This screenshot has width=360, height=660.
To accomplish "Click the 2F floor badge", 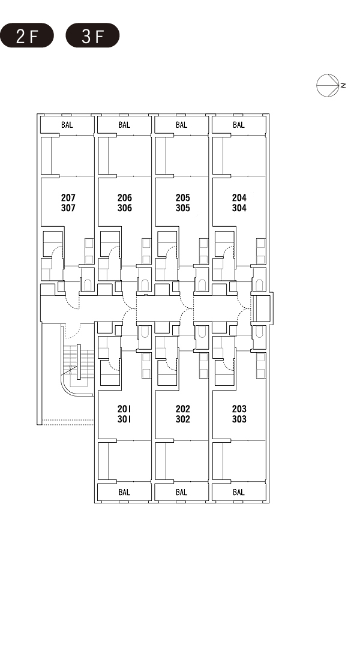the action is pyautogui.click(x=27, y=35).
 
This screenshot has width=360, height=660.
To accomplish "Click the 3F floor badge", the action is pyautogui.click(x=92, y=35).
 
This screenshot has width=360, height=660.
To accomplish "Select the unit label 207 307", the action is pyautogui.click(x=68, y=202).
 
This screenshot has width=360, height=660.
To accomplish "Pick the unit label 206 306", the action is pyautogui.click(x=125, y=202).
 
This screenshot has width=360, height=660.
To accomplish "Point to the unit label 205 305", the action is pyautogui.click(x=183, y=202).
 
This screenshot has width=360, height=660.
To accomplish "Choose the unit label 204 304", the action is pyautogui.click(x=239, y=202).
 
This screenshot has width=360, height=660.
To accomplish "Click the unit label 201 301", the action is pyautogui.click(x=124, y=414).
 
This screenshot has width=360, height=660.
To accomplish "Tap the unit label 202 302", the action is pyautogui.click(x=183, y=414).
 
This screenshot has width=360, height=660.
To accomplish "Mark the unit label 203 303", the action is pyautogui.click(x=239, y=414).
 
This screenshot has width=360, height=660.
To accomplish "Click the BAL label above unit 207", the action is pyautogui.click(x=67, y=125).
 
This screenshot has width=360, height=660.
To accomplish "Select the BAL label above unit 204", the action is pyautogui.click(x=239, y=125).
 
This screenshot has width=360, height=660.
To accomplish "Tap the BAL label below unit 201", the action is pyautogui.click(x=124, y=492).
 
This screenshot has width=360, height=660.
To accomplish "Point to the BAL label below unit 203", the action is pyautogui.click(x=239, y=492).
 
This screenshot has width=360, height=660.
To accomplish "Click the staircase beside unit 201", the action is pyautogui.click(x=79, y=362).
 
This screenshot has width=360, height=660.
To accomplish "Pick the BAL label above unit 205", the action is pyautogui.click(x=181, y=125).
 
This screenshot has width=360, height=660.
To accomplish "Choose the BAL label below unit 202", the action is pyautogui.click(x=181, y=492).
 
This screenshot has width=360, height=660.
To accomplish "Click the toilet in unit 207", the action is pyautogui.click(x=88, y=284).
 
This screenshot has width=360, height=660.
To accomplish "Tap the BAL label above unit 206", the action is pyautogui.click(x=124, y=125).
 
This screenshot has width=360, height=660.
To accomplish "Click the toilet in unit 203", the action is pyautogui.click(x=259, y=332).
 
